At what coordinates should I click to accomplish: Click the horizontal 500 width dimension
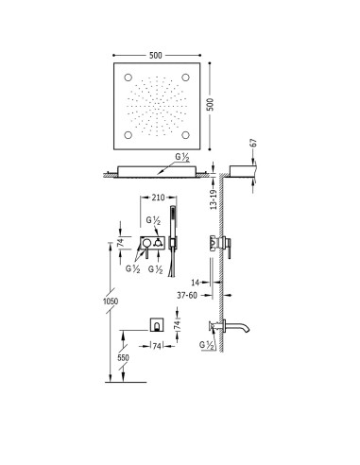click(x=156, y=56)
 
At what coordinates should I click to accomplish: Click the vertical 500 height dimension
click(x=211, y=104)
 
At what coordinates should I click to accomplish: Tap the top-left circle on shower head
click(x=129, y=77)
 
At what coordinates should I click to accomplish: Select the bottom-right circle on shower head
click(x=185, y=135)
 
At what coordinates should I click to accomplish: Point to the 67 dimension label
click(x=254, y=143)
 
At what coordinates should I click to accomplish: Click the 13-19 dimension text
click(x=214, y=199)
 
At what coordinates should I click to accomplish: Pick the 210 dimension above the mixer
click(x=158, y=198)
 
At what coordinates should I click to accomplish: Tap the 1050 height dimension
click(x=111, y=301)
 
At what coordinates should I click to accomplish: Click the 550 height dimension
click(x=123, y=358)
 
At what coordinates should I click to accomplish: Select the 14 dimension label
click(x=196, y=283)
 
